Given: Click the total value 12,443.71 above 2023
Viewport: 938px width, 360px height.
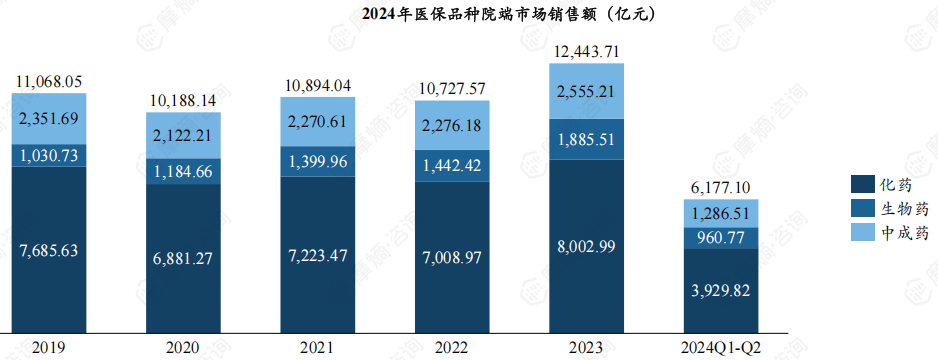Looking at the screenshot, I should (x=587, y=51).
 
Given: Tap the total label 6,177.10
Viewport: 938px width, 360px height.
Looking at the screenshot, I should (x=721, y=188).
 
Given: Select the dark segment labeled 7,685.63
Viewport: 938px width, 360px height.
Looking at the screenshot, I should (x=49, y=250).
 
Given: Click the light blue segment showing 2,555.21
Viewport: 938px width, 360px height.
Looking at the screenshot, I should (x=587, y=91).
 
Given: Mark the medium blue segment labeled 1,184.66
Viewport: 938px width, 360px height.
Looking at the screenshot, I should (x=183, y=171).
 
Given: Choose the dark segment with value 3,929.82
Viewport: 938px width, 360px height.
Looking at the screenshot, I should (x=721, y=290).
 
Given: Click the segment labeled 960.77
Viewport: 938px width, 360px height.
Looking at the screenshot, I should (x=721, y=238).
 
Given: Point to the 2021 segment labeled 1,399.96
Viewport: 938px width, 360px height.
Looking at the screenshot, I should (x=318, y=161).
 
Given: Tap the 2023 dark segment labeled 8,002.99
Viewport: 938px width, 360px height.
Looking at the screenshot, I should (x=587, y=246).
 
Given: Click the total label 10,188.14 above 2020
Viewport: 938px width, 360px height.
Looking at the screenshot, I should (x=183, y=101).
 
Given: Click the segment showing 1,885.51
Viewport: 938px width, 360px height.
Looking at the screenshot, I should (x=587, y=139).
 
